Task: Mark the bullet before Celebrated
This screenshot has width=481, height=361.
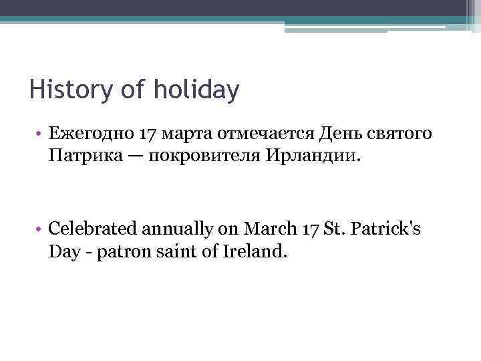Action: click(x=39, y=229)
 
